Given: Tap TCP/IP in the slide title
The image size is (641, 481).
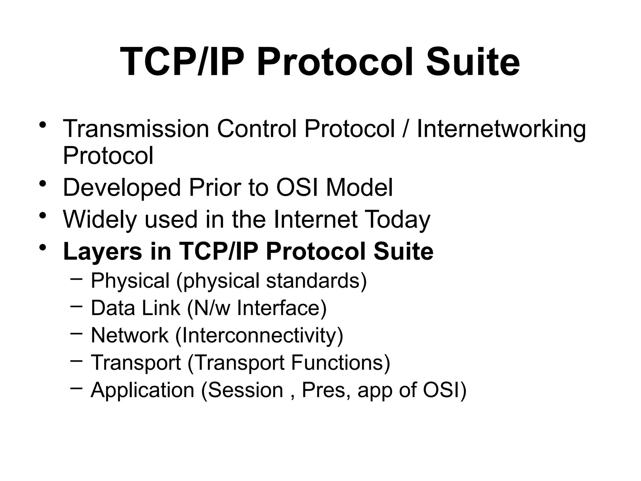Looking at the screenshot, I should click(182, 62).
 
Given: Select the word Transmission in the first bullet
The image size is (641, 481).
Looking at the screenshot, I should click(136, 129).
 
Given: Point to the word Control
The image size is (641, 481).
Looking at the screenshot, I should click(256, 129).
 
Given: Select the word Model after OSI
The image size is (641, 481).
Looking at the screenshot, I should click(359, 187).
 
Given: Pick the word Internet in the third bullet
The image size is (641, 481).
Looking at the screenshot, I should click(315, 219).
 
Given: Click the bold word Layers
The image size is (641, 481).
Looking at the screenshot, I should click(102, 251).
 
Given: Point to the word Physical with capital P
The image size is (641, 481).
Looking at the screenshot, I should click(130, 280).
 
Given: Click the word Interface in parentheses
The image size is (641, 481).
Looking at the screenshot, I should click(281, 308).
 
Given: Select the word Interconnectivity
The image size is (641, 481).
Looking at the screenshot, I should click(259, 335).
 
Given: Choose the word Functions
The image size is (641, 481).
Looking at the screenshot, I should click(340, 363).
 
